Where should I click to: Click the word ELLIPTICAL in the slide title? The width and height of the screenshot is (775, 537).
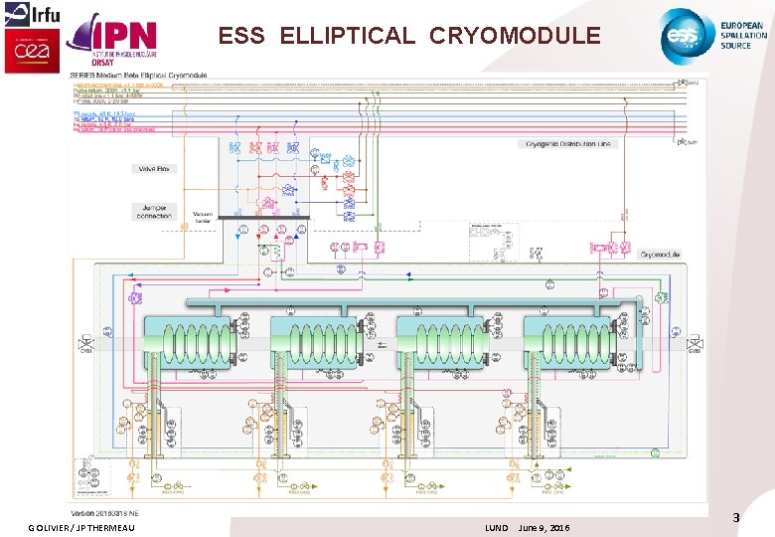coord(348,36)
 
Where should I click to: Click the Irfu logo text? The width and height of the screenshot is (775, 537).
coord(38,14)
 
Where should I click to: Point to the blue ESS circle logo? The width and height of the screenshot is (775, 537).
coord(686,34)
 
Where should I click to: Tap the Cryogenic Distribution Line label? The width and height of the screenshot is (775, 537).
coord(568,144)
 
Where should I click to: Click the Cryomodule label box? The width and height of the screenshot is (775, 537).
coord(659,255)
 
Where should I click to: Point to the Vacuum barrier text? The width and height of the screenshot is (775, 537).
coord(204,217)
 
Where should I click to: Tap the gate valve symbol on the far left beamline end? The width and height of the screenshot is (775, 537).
coord(85,345)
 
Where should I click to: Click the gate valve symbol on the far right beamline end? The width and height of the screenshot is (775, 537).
coord(695,345)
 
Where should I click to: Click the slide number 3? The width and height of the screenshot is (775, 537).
coord(736,517)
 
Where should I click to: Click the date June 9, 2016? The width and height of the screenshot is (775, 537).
coord(544,527)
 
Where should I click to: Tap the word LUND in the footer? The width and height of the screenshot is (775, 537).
coord(496,527)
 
